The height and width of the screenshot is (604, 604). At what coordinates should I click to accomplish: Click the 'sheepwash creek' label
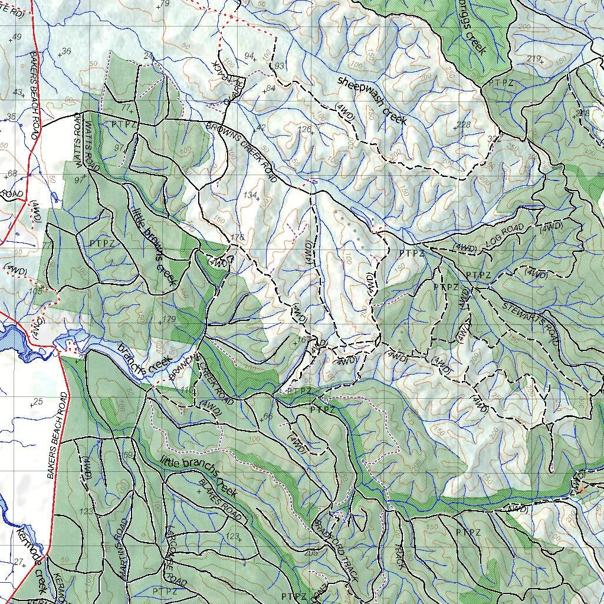click(372, 100)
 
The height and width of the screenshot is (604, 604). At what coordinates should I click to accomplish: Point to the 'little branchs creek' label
click(198, 475)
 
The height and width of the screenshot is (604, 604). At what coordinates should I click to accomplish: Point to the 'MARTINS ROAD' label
click(124, 549)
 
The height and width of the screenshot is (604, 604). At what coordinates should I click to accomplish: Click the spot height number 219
click(534, 58)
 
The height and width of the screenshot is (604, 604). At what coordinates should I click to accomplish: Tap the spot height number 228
click(464, 124)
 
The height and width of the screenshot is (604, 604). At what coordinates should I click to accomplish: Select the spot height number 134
click(251, 195)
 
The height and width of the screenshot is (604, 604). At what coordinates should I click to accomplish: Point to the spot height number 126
click(304, 130)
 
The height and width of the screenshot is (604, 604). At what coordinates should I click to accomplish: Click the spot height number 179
click(169, 319)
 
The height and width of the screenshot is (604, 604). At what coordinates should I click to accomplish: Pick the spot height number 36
click(66, 51)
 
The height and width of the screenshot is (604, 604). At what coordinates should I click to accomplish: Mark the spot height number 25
click(39, 402)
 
